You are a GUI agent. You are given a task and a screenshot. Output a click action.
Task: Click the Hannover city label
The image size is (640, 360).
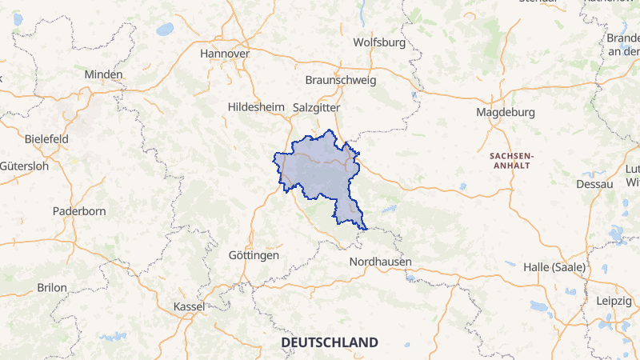tap(225, 54)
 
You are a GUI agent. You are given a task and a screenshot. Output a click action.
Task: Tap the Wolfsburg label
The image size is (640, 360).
tap(379, 42)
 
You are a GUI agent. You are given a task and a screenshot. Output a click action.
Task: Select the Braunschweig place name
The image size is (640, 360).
tap(341, 80)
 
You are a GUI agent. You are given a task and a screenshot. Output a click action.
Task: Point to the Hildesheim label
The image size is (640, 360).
tap(256, 106)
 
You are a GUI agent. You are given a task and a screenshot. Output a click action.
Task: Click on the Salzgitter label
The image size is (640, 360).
tap(317, 106)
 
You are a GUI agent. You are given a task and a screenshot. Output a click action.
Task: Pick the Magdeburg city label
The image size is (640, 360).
tap(505, 112)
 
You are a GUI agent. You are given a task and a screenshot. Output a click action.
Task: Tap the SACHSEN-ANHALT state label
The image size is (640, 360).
tap(510, 159)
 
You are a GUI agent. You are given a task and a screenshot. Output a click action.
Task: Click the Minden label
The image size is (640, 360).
tap(104, 74)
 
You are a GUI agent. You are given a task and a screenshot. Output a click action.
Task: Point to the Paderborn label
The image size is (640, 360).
tap(78, 211)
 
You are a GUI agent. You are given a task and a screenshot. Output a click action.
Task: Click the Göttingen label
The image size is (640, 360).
tap(253, 255)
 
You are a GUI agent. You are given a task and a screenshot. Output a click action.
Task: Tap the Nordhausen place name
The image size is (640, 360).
tap(380, 262)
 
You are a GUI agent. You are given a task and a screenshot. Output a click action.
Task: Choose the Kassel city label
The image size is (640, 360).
tap(189, 306)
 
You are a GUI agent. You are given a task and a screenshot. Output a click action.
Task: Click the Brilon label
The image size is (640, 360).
tap(52, 287)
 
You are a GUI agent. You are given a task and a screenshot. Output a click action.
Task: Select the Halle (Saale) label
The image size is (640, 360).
tap(554, 266)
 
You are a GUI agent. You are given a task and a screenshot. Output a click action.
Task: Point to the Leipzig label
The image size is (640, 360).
tap(614, 301)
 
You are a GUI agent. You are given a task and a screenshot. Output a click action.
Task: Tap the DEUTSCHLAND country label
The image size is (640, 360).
tap(329, 342)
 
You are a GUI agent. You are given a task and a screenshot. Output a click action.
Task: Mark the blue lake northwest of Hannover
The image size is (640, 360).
tap(165, 29)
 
